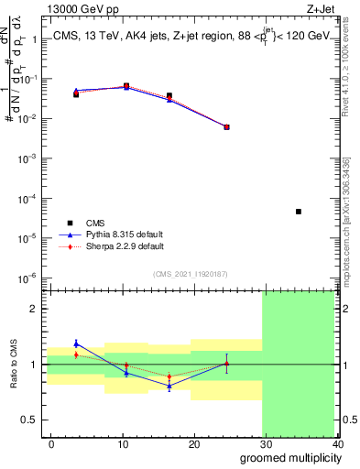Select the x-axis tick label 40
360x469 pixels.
(x=338, y=444)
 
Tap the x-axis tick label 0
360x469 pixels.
(x=51, y=444)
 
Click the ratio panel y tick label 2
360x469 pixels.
(x=31, y=309)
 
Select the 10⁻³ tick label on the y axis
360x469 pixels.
(x=25, y=158)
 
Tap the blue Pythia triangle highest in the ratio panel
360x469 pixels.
(x=76, y=344)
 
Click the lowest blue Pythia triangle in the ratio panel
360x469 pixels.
(x=169, y=386)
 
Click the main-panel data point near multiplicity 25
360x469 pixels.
(x=226, y=127)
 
